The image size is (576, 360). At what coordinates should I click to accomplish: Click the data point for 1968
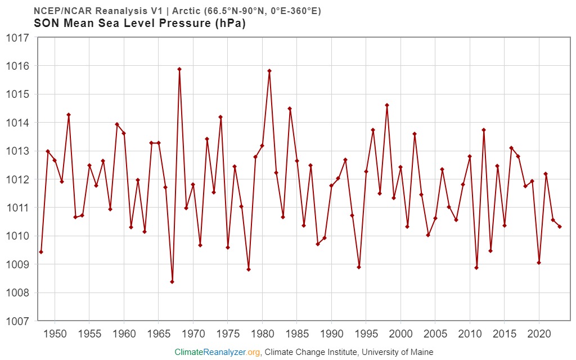pyautogui.click(x=179, y=69)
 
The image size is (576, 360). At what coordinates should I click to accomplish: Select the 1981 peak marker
pyautogui.click(x=269, y=71)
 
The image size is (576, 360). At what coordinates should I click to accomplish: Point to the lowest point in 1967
pyautogui.click(x=172, y=282)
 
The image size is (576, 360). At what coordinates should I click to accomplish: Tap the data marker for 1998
pyautogui.click(x=387, y=105)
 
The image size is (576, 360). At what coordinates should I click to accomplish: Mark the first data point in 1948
pyautogui.click(x=41, y=252)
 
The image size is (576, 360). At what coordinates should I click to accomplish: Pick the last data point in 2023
pyautogui.click(x=560, y=227)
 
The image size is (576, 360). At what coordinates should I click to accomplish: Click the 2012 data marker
pyautogui.click(x=484, y=130)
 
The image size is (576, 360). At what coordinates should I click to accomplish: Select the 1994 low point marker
pyautogui.click(x=359, y=267)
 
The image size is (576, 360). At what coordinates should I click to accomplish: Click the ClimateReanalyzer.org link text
pyautogui.click(x=217, y=352)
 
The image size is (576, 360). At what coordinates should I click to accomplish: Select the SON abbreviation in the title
pyautogui.click(x=46, y=24)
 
